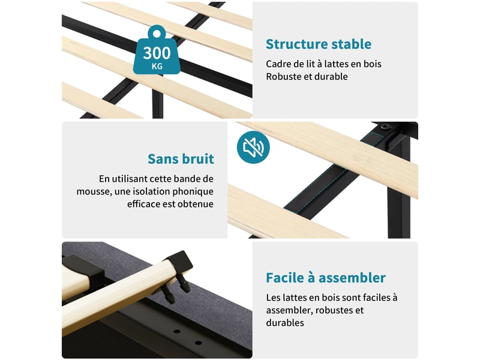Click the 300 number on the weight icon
157,53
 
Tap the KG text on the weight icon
157,67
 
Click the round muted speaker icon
253,147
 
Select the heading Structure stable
319,44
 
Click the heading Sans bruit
181,159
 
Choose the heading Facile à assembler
326,278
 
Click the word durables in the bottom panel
285,323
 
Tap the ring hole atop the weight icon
157,34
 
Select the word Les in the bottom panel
273,298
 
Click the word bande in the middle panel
179,179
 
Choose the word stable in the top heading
352,44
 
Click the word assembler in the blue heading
352,278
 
